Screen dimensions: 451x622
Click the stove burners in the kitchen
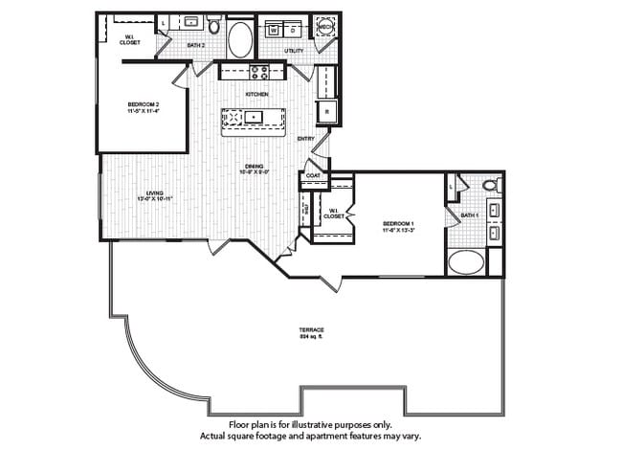257,70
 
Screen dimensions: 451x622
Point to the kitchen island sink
254,118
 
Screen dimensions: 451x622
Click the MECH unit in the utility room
322,28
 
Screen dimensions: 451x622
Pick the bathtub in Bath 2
240,40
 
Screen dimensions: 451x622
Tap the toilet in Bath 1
491,185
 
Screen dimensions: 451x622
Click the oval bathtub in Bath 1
468,261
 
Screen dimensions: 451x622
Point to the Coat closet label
313,176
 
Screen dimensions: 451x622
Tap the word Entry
306,139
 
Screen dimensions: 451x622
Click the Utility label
293,51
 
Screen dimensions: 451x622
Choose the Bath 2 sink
190,21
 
